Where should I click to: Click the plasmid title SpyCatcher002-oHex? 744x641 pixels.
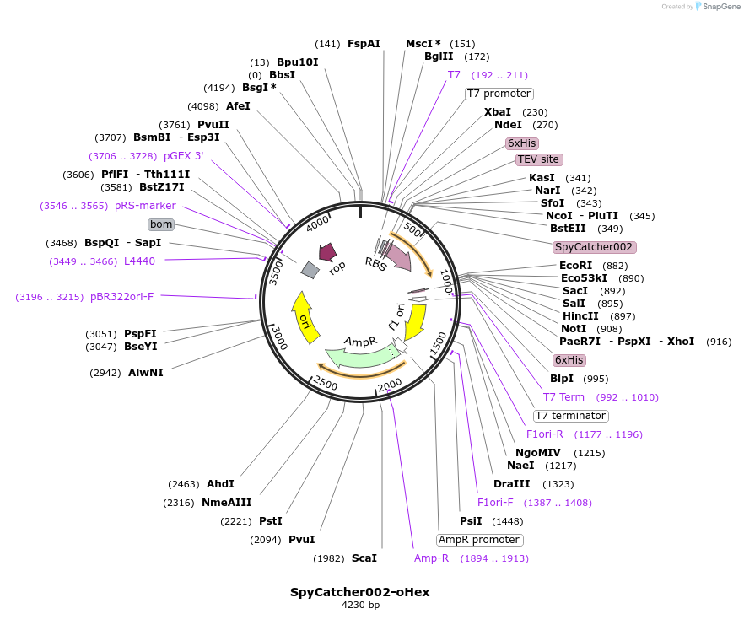[x=360, y=592]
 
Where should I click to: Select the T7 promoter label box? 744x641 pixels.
[x=499, y=94]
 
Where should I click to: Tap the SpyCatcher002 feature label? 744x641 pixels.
[x=594, y=247]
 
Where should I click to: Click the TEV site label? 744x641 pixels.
[x=538, y=159]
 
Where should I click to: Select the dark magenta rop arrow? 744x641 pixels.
[x=326, y=252]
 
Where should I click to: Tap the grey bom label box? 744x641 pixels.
[x=161, y=224]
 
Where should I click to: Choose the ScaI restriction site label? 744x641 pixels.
[x=364, y=558]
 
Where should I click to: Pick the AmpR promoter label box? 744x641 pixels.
[x=479, y=540]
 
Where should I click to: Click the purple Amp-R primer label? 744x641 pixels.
[x=431, y=558]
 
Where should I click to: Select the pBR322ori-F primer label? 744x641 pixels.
[x=121, y=297]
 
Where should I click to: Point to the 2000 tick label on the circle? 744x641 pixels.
[x=390, y=385]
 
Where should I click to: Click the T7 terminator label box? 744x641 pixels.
[x=571, y=416]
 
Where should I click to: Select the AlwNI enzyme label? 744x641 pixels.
[x=146, y=372]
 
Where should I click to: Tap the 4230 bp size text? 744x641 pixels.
[x=360, y=606]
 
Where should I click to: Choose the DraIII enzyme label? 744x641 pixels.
[x=512, y=484]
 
